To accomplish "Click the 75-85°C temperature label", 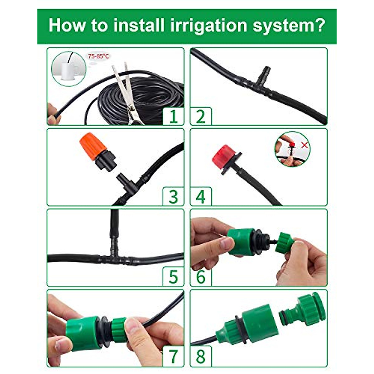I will [x=98, y=56].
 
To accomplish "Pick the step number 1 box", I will [x=173, y=116].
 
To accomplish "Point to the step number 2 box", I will [x=201, y=116].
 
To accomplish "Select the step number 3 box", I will [x=173, y=197].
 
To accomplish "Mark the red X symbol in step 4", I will [x=304, y=145].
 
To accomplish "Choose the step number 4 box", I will [x=201, y=197].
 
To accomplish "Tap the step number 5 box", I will [x=173, y=277].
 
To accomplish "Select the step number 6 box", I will [x=201, y=277].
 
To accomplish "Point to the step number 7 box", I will [x=173, y=357].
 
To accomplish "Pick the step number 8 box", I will [x=201, y=357].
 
